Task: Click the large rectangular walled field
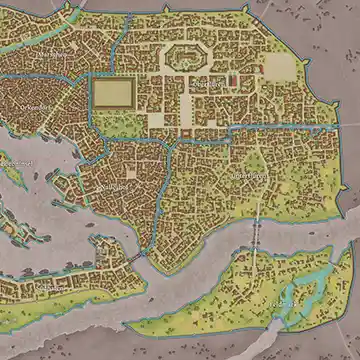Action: (x=113, y=95)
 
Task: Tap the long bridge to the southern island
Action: (x=253, y=240)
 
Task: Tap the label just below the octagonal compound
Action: (x=206, y=86)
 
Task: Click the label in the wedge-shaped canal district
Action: (x=116, y=188)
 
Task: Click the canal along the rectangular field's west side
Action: (x=89, y=95)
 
